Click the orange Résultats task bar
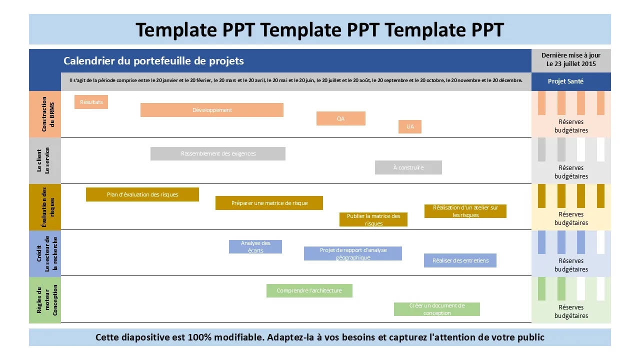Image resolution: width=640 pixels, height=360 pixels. click(91, 102)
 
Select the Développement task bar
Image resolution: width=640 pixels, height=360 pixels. click(212, 110)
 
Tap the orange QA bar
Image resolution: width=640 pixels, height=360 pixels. click(340, 118)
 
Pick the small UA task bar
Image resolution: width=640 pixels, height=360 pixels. click(410, 126)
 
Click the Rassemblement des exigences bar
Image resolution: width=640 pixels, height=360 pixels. click(218, 153)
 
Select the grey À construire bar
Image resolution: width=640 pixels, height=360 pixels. click(408, 167)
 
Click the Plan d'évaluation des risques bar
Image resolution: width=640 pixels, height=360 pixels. click(142, 194)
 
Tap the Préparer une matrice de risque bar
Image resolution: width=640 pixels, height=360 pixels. click(269, 203)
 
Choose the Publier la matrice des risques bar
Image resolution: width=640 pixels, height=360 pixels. click(373, 219)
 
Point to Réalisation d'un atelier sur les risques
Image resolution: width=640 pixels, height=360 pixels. click(465, 211)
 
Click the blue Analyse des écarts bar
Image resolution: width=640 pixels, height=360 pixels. click(255, 246)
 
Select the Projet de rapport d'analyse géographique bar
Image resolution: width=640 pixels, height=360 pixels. click(353, 253)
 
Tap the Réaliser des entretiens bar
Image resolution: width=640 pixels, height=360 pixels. click(460, 260)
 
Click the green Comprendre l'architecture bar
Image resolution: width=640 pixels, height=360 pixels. click(309, 290)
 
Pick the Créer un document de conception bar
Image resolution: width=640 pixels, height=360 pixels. click(437, 309)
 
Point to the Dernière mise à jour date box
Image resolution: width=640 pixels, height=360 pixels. click(571, 60)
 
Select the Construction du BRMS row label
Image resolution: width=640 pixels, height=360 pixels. click(45, 114)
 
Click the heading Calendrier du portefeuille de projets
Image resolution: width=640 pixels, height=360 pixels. click(154, 61)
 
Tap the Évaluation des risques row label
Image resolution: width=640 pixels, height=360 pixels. click(45, 207)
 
